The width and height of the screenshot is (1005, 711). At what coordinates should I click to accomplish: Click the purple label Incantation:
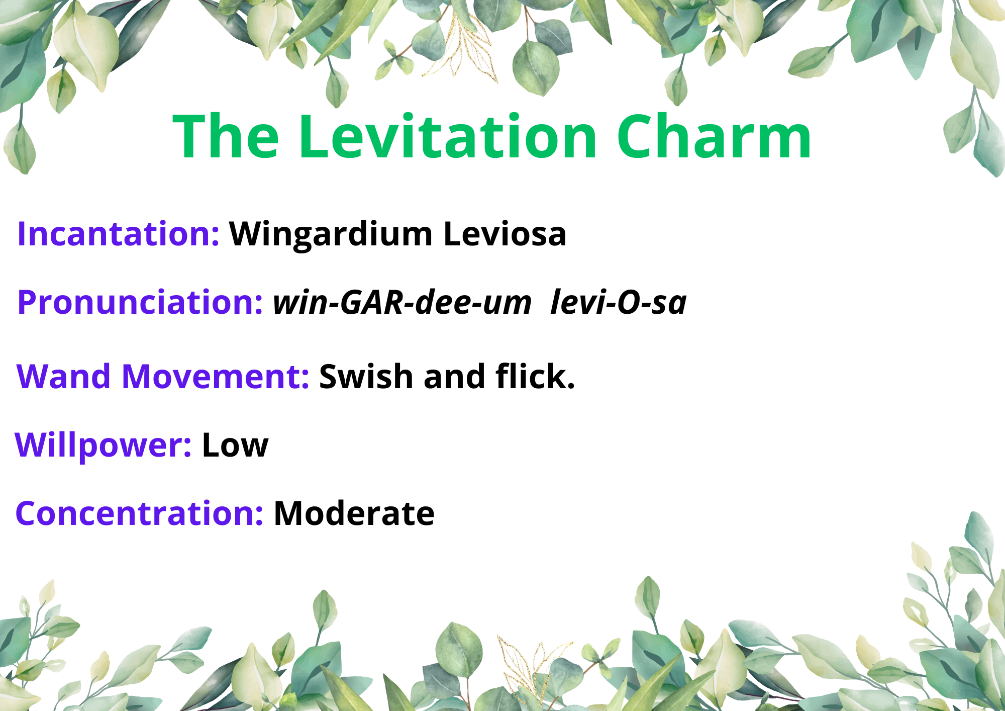click(118, 234)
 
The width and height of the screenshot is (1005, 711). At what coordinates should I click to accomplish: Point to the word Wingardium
click(331, 235)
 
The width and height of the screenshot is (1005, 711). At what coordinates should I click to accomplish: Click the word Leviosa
click(505, 234)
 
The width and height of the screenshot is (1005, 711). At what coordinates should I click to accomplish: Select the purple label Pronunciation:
click(140, 303)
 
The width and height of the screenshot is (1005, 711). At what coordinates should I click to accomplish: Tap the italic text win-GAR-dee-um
click(402, 303)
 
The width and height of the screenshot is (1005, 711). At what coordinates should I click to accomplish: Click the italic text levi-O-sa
click(619, 303)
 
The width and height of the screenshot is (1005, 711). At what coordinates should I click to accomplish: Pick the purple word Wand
click(63, 376)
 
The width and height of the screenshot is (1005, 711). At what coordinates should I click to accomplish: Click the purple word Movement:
click(216, 376)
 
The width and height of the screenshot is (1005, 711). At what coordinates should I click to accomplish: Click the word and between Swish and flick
click(454, 376)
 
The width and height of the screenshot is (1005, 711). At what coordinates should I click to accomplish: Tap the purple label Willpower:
click(103, 446)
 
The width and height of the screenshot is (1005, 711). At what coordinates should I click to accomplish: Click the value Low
click(235, 446)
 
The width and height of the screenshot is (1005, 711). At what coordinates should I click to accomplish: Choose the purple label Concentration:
click(139, 513)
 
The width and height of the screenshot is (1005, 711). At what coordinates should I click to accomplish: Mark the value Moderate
click(354, 513)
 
